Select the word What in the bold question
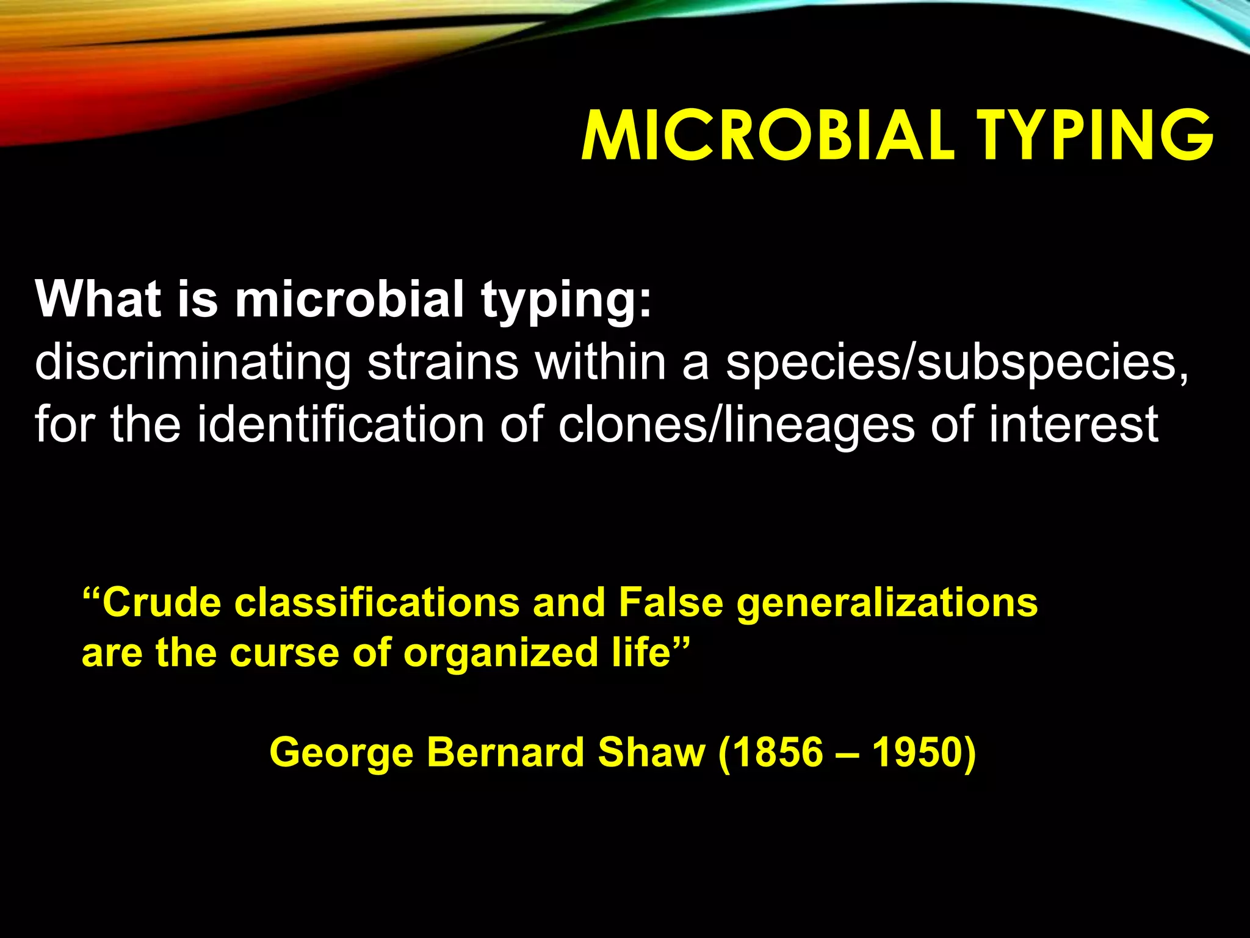pos(98,299)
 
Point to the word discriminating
pos(192,363)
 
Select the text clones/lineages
pos(736,425)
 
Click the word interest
pos(1074,424)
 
